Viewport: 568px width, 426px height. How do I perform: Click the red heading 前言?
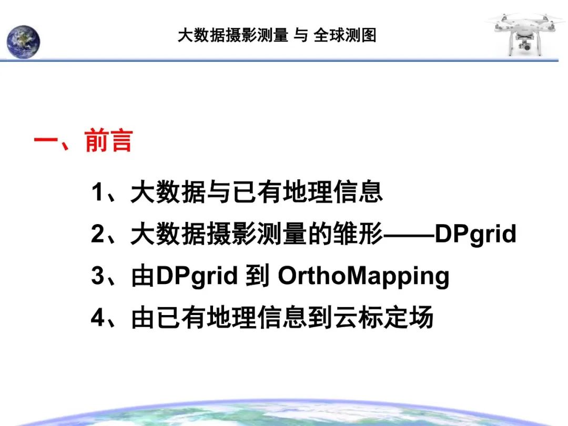108,141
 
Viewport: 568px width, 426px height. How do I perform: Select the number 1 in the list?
97,192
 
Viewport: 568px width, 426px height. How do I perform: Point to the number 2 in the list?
97,235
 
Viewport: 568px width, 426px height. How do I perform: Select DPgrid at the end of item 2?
476,235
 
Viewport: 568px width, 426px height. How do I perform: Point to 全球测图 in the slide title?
345,35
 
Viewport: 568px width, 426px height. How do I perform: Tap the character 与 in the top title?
301,35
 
